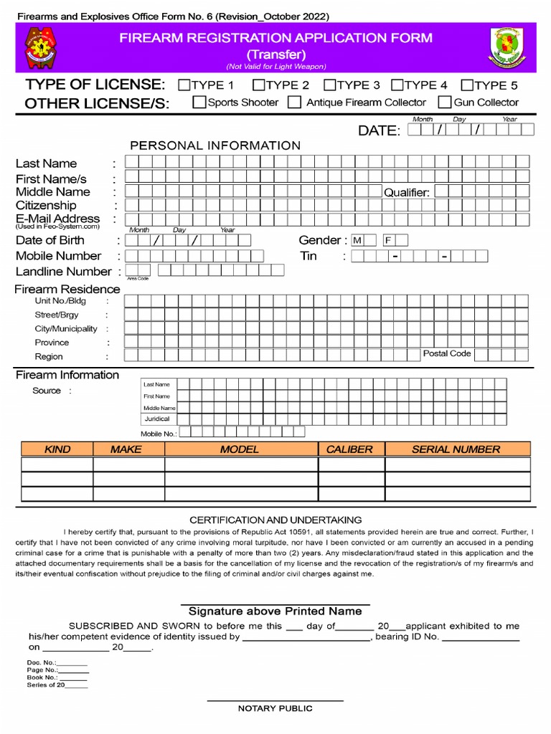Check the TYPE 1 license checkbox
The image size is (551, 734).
click(x=184, y=85)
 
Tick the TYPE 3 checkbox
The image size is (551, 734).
click(x=329, y=85)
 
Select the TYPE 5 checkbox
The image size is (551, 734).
click(x=467, y=85)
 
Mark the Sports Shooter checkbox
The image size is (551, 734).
click(x=199, y=103)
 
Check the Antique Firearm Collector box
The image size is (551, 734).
click(x=294, y=103)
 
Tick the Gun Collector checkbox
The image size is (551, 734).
click(x=445, y=103)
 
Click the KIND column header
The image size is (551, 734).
click(x=57, y=449)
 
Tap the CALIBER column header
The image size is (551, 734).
click(x=349, y=449)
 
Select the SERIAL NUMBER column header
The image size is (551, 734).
click(x=456, y=449)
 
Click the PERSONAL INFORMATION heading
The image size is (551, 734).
click(x=215, y=146)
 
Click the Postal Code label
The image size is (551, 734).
click(x=446, y=353)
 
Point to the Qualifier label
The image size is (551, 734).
click(x=406, y=192)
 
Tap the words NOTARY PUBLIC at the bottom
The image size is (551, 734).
click(x=275, y=708)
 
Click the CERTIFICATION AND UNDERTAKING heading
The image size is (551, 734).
click(x=275, y=520)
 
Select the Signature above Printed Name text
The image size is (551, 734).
click(x=275, y=611)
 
